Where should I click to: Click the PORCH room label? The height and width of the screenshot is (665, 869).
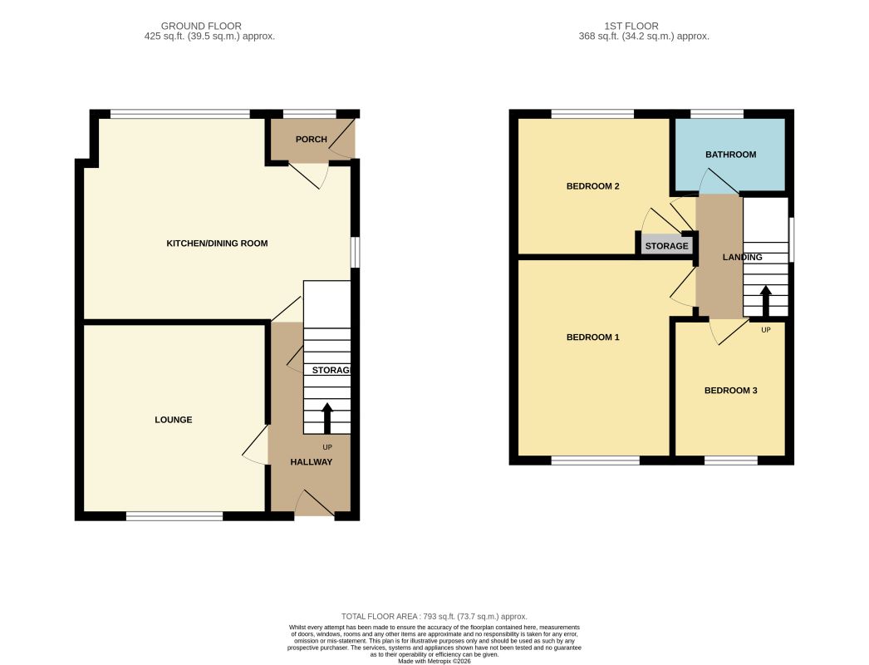[x=311, y=139]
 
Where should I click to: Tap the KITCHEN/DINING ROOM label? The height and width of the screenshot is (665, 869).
[x=218, y=243]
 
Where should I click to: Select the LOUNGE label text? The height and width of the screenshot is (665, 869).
[x=174, y=420]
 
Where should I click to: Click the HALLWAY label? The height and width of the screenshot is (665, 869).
[x=312, y=462]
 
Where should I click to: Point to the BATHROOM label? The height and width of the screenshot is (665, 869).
[x=730, y=155]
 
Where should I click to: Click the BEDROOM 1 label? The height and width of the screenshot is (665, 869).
[x=593, y=337]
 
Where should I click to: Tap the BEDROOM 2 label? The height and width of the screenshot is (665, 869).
[x=593, y=186]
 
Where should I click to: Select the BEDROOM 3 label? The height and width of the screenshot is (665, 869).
[x=730, y=391]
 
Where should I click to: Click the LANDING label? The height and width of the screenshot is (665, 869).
[x=742, y=258]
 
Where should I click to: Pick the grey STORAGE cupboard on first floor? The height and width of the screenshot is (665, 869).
[x=667, y=244]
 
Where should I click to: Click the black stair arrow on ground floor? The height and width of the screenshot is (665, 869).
[x=327, y=418]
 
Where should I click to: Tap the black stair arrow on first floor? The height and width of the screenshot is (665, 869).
[x=766, y=301]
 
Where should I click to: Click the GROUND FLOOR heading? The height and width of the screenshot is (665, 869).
[x=201, y=26]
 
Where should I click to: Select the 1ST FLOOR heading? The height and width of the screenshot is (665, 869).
[x=631, y=26]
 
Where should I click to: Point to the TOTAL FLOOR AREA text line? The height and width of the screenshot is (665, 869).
[x=434, y=616]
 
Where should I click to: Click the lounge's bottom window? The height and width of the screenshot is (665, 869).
[x=174, y=516]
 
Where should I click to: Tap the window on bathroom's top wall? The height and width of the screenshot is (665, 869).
[x=717, y=114]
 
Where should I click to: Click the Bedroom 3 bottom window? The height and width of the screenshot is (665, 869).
[x=731, y=461]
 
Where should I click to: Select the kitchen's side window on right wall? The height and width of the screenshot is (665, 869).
[x=356, y=253]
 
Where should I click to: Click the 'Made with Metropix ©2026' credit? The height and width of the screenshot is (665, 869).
[x=434, y=661]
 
